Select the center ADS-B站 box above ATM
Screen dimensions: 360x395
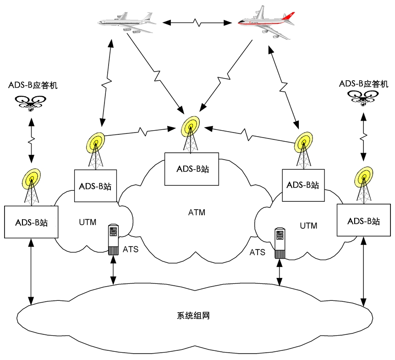192,168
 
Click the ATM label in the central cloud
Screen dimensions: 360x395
197,212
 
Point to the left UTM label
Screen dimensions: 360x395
88,222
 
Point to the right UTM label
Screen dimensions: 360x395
308,226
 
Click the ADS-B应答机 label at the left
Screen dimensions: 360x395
33,86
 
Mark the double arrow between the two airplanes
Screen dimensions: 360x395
196,21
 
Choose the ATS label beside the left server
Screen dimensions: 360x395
131,250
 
